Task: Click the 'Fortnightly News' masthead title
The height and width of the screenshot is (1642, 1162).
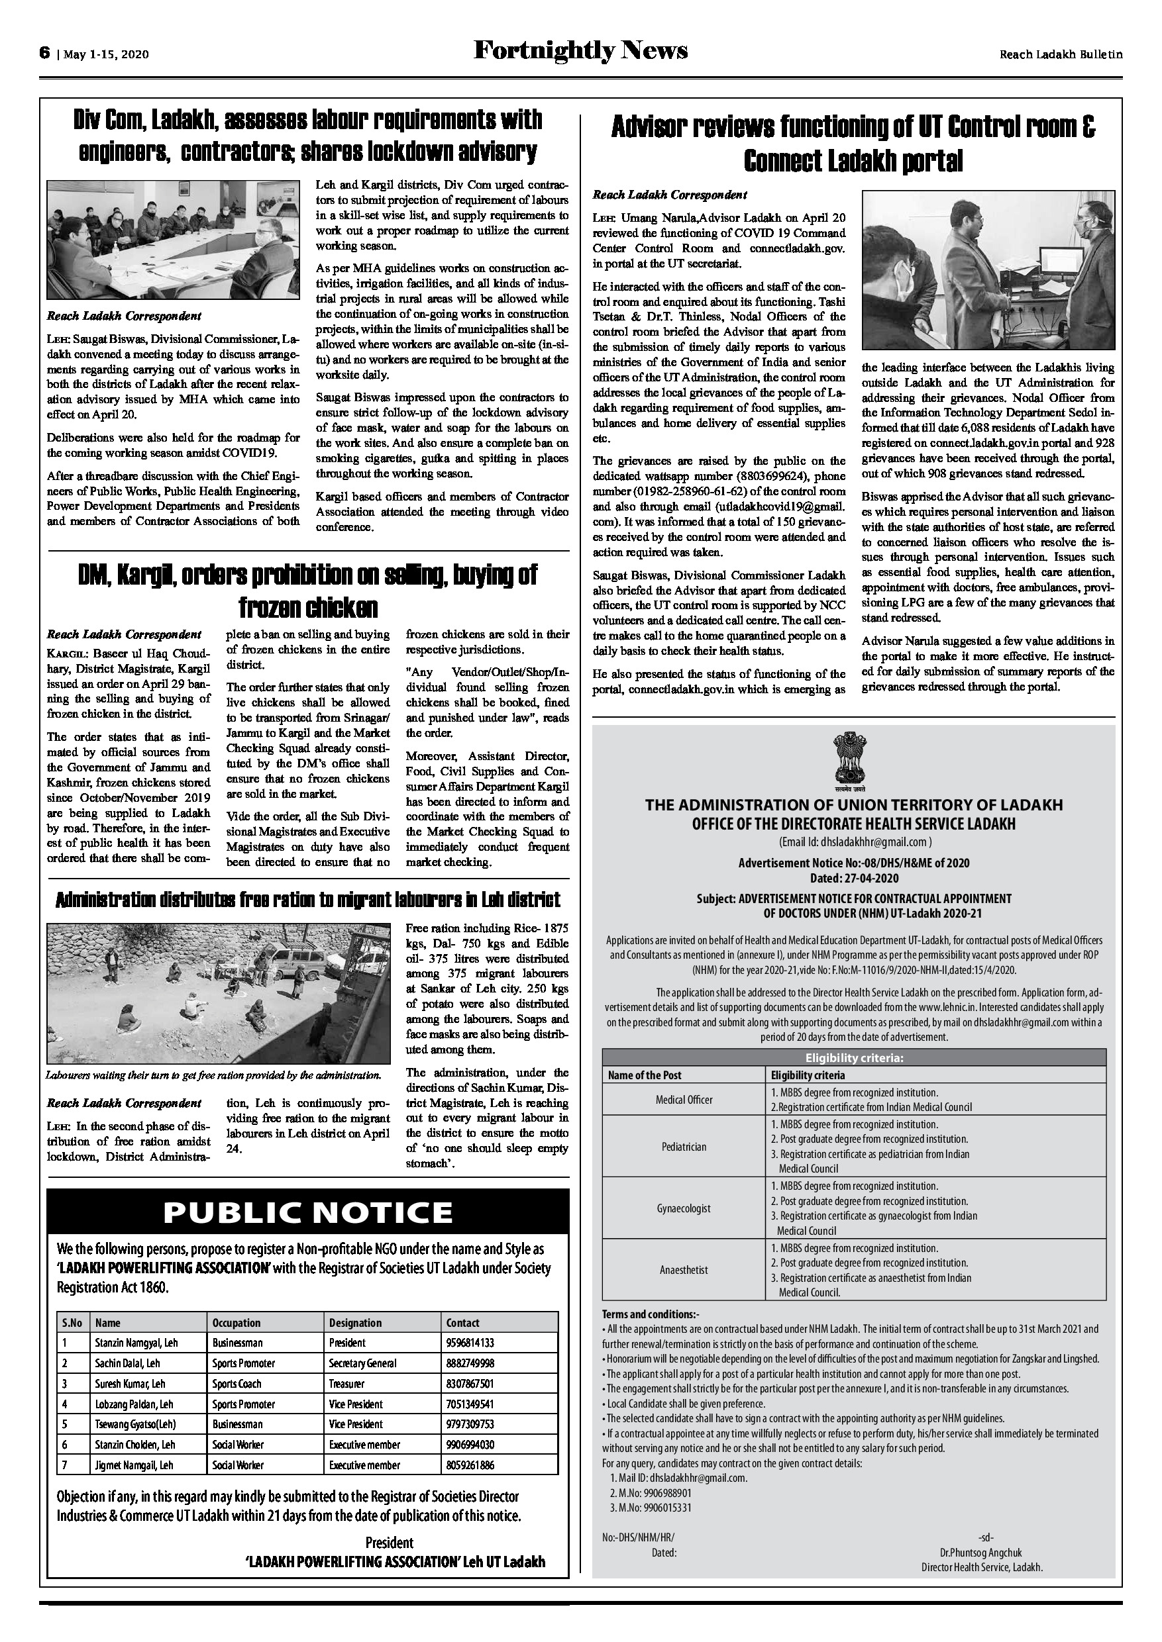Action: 580,51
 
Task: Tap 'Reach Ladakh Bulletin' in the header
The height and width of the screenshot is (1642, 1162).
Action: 1061,54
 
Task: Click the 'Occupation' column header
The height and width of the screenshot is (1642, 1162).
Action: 236,1322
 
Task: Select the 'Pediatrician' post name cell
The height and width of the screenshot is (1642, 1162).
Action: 683,1146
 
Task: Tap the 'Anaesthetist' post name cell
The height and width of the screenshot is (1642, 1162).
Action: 683,1270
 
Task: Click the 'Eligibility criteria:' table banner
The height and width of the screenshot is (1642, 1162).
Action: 853,1059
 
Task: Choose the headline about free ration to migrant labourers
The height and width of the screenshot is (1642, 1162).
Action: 307,899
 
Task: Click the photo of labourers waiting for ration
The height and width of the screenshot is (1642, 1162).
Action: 219,992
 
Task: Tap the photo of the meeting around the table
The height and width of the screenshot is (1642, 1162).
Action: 174,240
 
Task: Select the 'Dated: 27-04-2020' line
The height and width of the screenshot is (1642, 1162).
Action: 853,878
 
